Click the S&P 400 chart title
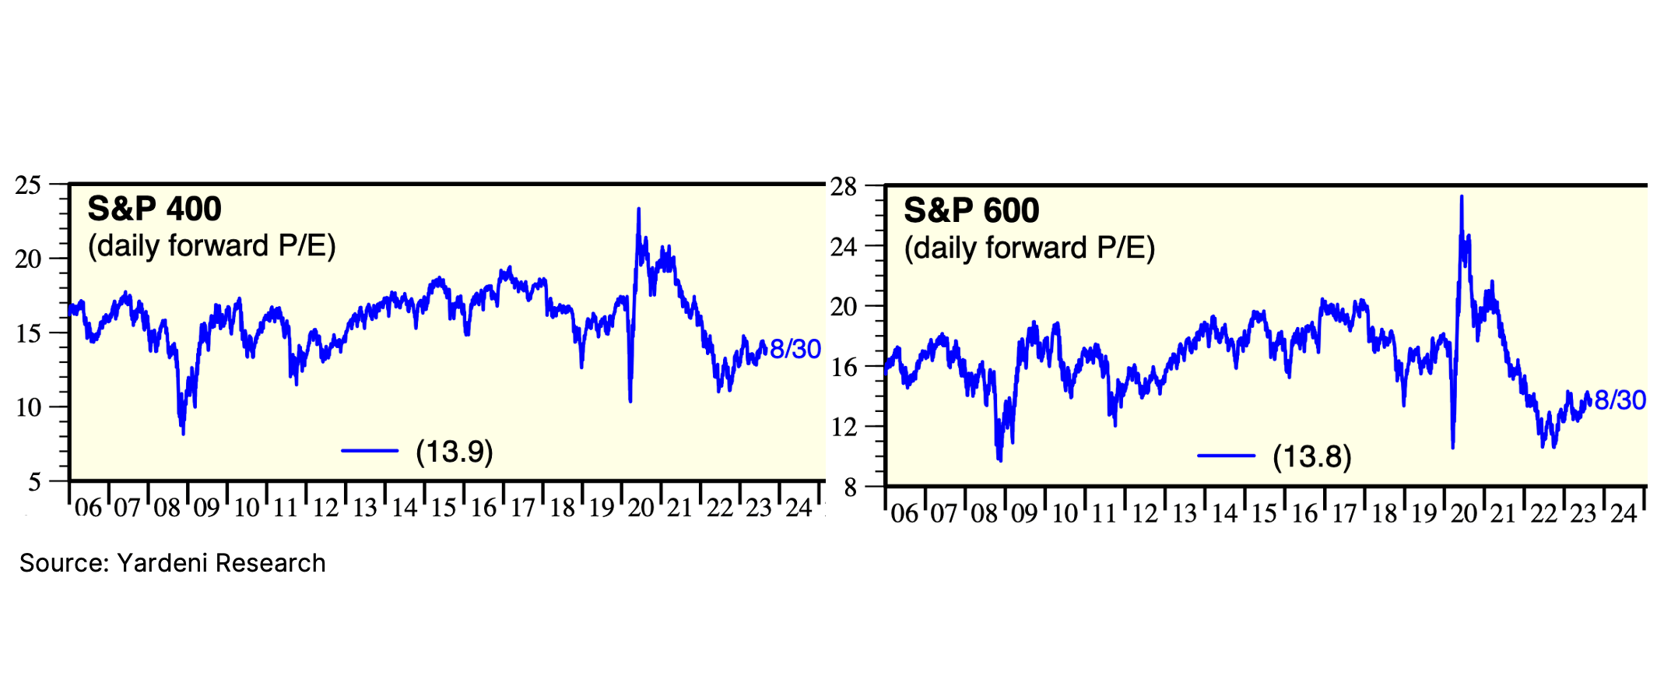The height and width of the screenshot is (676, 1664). pyautogui.click(x=154, y=209)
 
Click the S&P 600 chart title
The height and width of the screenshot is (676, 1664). pyautogui.click(x=971, y=211)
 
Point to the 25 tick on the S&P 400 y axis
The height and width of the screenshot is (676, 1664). pyautogui.click(x=28, y=185)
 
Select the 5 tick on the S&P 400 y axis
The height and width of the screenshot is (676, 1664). pyautogui.click(x=33, y=482)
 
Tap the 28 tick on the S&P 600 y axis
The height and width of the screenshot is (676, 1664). pyautogui.click(x=843, y=187)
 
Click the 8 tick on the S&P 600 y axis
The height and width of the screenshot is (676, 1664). pyautogui.click(x=849, y=488)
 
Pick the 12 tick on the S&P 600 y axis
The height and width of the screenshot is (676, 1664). pyautogui.click(x=843, y=427)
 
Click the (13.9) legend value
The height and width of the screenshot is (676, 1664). pyautogui.click(x=455, y=452)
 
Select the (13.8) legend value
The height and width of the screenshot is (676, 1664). pyautogui.click(x=1312, y=456)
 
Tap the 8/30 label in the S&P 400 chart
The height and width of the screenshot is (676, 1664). pyautogui.click(x=795, y=349)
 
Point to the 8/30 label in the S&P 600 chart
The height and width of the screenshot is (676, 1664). pyautogui.click(x=1620, y=400)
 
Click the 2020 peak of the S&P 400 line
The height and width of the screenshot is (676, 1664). pyautogui.click(x=639, y=209)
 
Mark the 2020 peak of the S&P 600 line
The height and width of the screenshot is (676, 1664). pyautogui.click(x=1462, y=196)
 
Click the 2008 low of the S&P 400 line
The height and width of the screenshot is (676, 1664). pyautogui.click(x=183, y=434)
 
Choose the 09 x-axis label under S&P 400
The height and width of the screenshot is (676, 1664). pyautogui.click(x=207, y=509)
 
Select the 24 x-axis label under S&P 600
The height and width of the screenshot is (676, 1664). pyautogui.click(x=1624, y=513)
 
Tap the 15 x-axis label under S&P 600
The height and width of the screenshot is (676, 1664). pyautogui.click(x=1264, y=513)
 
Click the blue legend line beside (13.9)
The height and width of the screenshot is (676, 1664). pyautogui.click(x=370, y=451)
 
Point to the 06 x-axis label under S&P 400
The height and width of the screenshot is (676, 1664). pyautogui.click(x=88, y=509)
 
